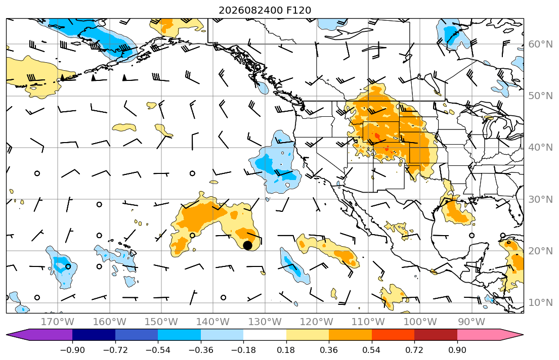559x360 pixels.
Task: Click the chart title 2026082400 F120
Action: [265, 10]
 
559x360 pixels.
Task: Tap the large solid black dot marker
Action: [247, 245]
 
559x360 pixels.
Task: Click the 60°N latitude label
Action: [540, 44]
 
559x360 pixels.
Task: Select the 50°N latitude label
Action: [540, 96]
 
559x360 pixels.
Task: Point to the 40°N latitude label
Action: [540, 148]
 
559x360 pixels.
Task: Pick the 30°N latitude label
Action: [540, 199]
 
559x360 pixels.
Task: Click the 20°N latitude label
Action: [540, 251]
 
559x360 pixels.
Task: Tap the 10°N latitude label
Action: [540, 303]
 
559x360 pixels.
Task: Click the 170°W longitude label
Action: [58, 322]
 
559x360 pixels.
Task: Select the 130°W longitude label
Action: [265, 322]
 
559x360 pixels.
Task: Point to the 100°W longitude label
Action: [420, 322]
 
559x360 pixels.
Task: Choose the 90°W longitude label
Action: [471, 322]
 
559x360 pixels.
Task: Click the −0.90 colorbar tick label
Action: [72, 350]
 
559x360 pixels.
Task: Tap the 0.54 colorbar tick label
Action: [371, 350]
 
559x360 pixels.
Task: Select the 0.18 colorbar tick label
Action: [286, 350]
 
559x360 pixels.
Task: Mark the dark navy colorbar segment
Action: [94, 335]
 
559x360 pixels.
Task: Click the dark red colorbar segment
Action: [436, 335]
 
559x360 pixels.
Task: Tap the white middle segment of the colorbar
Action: [265, 335]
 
